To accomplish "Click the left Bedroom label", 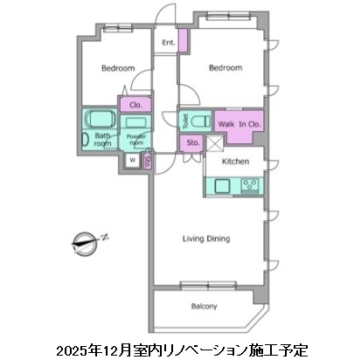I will tap(116, 68).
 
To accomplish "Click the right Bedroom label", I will tap(225, 67).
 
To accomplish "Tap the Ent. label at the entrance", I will tap(168, 43).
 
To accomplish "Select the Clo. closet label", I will tap(135, 105).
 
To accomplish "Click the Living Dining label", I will tap(206, 238).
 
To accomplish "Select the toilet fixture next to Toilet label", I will tap(199, 121).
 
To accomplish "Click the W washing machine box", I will tap(131, 160).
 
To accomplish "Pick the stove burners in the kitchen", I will tap(250, 184).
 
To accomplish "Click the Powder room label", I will tap(135, 139).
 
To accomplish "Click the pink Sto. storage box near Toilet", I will tap(191, 143).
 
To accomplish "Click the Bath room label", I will tap(103, 140).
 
